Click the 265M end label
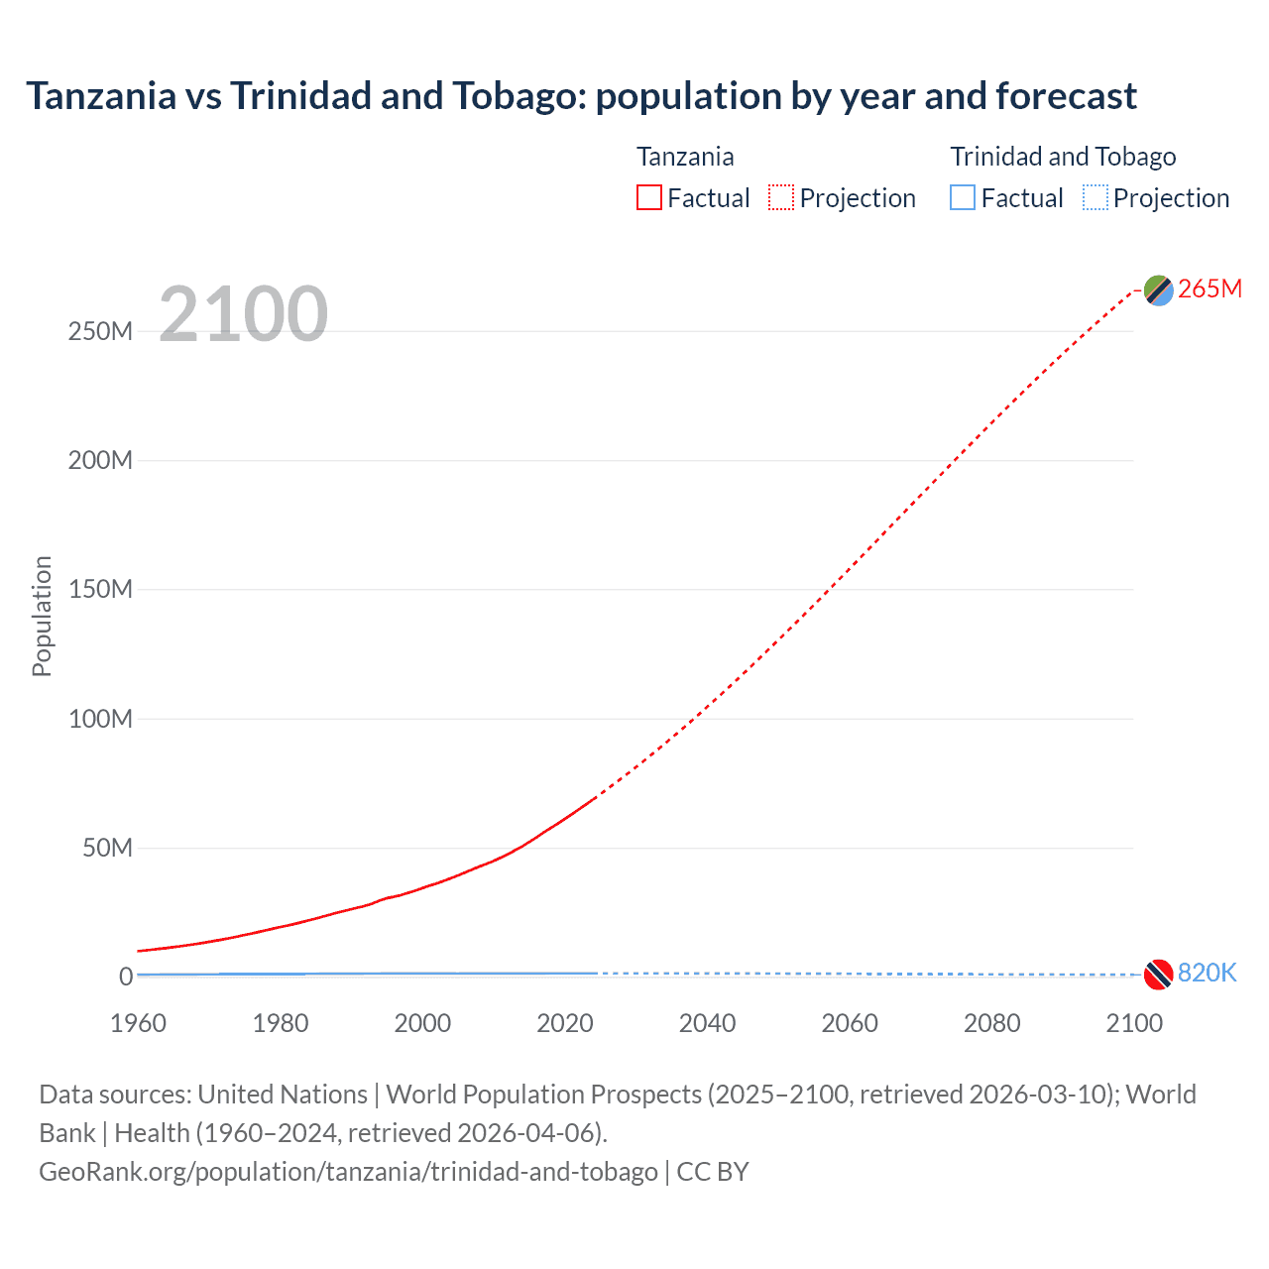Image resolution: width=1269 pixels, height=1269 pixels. (x=1210, y=288)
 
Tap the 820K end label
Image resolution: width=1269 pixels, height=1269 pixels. (x=1207, y=973)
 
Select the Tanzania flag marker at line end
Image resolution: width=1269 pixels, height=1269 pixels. (x=1158, y=289)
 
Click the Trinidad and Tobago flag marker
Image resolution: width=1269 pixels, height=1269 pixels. (x=1158, y=975)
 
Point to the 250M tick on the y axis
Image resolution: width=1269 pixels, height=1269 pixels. (x=100, y=331)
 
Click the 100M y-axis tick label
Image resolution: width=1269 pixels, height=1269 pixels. (x=100, y=719)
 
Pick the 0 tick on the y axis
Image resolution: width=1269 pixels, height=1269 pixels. (x=125, y=977)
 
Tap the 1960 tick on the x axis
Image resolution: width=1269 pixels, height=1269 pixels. (x=138, y=1023)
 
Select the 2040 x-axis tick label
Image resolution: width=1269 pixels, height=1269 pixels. (x=707, y=1023)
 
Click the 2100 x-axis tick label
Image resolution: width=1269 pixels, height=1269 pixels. (x=1133, y=1023)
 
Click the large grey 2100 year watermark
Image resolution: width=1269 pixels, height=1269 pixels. (x=243, y=314)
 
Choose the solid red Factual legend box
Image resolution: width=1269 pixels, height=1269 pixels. (x=648, y=197)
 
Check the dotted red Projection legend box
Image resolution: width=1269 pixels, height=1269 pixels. (x=781, y=197)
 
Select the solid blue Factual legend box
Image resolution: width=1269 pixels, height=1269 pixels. (x=962, y=197)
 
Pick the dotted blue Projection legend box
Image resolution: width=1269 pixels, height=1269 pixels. (x=1095, y=197)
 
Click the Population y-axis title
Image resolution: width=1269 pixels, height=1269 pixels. (x=42, y=616)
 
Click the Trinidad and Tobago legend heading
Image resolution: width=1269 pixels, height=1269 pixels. (x=1063, y=157)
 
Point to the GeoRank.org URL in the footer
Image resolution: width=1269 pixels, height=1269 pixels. (x=348, y=1172)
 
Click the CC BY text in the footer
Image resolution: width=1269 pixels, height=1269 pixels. (x=712, y=1172)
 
